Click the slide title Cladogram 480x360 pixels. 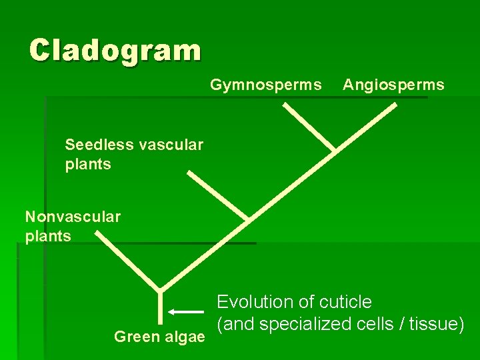pos(115,50)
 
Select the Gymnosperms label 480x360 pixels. pos(266,85)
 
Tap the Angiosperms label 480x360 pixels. pos(393,85)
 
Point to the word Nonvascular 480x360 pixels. pos(73,217)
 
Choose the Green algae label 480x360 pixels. pos(159,337)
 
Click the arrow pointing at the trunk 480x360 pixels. pos(186,311)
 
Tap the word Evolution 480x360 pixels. pos(255,302)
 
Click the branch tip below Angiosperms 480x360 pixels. pos(394,105)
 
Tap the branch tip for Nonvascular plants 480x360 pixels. pos(97,233)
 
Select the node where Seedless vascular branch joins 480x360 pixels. pos(247,219)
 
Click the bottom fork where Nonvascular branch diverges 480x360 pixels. pos(160,289)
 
